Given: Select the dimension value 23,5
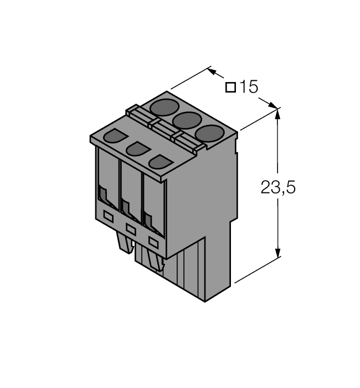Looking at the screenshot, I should point(278,188).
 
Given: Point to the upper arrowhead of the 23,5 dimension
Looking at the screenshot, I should point(278,114).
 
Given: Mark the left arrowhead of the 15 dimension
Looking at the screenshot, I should point(213,72).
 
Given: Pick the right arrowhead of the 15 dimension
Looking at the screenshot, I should point(273,105).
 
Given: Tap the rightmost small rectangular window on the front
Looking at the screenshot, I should point(153,242).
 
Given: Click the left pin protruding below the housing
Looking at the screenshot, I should point(124,240).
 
